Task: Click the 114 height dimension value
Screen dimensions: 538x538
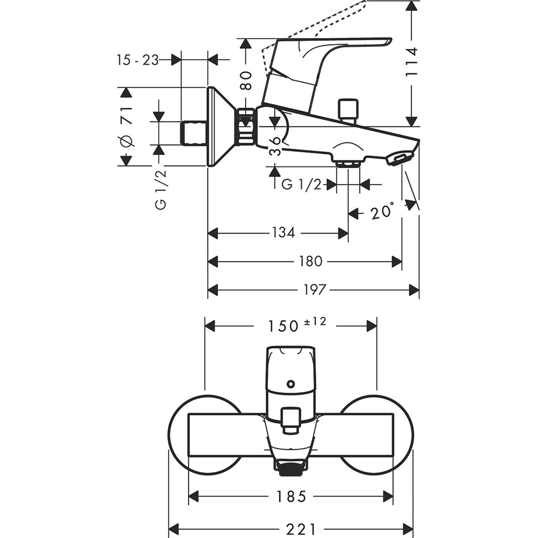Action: (412, 62)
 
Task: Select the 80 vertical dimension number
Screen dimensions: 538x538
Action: (246, 80)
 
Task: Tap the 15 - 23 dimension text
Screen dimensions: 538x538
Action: (138, 60)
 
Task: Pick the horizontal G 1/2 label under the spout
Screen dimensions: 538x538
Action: (301, 185)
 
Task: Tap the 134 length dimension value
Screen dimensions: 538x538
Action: (283, 233)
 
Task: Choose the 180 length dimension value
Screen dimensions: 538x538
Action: (310, 261)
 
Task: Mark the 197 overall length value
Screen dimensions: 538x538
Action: (314, 290)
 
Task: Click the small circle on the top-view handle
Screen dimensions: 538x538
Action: (291, 384)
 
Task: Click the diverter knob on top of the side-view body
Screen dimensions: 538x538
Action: (348, 109)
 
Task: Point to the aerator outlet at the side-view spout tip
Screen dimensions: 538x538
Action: (400, 159)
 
